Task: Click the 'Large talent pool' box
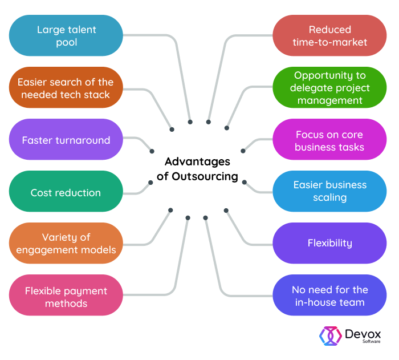[x=66, y=35]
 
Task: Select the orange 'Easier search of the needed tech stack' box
[x=66, y=88]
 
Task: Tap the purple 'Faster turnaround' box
[x=66, y=140]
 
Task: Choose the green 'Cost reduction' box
[x=66, y=192]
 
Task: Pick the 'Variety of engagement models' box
[x=66, y=243]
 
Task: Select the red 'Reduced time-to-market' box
[x=329, y=35]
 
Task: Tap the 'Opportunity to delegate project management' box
[x=329, y=88]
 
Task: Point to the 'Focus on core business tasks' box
[x=329, y=140]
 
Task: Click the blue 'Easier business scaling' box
[x=329, y=191]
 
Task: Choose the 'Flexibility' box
[x=329, y=243]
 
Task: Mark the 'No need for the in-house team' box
[x=329, y=296]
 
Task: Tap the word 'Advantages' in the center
[x=197, y=161]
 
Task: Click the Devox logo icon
[x=331, y=336]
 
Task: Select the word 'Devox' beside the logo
[x=363, y=333]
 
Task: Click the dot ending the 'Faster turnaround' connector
[x=152, y=151]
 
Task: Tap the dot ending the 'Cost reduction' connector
[x=150, y=183]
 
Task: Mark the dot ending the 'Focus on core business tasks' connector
[x=243, y=151]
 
